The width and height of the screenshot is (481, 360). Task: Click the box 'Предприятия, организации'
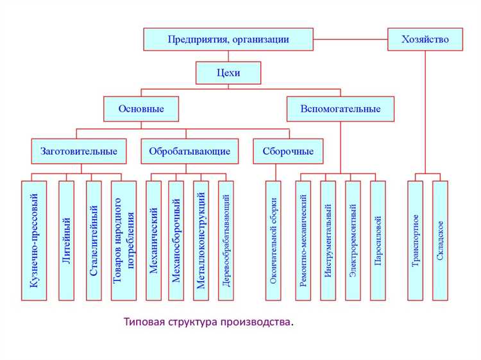[x=228, y=40]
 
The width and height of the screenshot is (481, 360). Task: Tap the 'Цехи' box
[x=228, y=73]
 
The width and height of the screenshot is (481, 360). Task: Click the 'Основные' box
[x=141, y=108]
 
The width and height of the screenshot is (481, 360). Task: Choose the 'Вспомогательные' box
[x=341, y=108]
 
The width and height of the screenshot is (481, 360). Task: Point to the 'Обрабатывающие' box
[x=189, y=151]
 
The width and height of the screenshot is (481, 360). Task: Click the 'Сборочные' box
[x=289, y=151]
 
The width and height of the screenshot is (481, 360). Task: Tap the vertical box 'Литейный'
[x=67, y=241]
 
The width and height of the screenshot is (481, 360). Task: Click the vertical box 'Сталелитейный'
[x=94, y=241]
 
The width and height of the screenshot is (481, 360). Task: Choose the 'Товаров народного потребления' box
[x=124, y=241]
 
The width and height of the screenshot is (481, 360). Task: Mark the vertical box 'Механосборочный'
[x=176, y=241]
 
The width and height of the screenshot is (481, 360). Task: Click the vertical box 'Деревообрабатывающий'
[x=226, y=241]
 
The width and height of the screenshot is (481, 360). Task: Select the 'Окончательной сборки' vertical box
[x=274, y=241]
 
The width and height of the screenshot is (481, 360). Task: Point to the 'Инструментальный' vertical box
[x=328, y=241]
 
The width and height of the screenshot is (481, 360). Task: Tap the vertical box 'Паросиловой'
[x=378, y=241]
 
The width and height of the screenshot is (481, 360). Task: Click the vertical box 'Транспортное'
[x=416, y=241]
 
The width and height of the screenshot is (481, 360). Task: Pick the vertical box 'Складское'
[x=440, y=241]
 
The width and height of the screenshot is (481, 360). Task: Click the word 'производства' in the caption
[x=258, y=321]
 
